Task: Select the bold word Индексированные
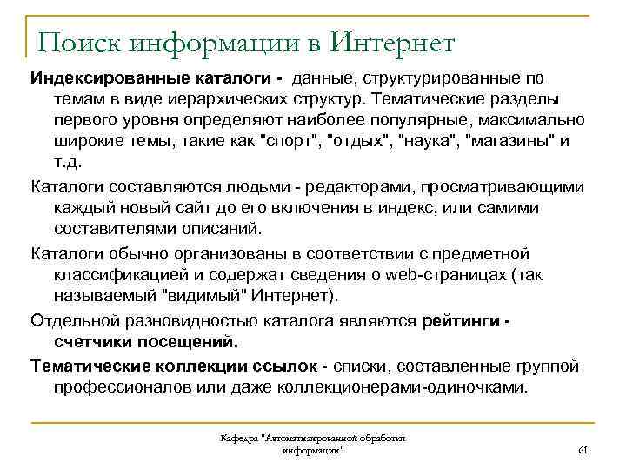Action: pyautogui.click(x=98, y=78)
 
